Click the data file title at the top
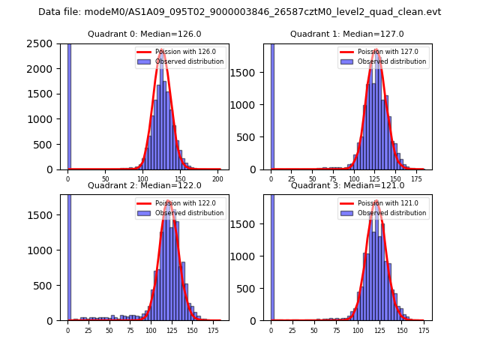coord(239,12)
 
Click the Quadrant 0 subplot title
coord(144,34)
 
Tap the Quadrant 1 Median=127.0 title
coord(346,34)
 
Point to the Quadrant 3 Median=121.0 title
coord(346,185)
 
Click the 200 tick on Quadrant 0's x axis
coord(217,179)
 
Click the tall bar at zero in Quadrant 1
coord(272,105)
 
